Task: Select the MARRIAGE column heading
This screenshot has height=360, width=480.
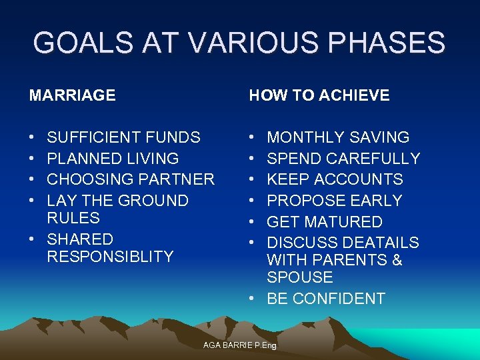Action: (x=72, y=95)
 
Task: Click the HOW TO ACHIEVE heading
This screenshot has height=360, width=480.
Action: (x=319, y=95)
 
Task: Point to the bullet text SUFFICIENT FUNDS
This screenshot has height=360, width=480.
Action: (x=123, y=137)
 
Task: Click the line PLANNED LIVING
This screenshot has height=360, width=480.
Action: (x=113, y=159)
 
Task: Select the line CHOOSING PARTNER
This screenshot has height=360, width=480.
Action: (x=131, y=179)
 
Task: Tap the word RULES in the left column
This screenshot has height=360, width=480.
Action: (x=73, y=218)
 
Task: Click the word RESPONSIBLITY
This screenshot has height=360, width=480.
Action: (x=110, y=256)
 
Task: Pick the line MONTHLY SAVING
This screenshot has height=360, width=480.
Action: (x=338, y=137)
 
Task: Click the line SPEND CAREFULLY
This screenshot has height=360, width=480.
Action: (x=343, y=159)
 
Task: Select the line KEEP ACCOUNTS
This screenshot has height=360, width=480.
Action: (x=335, y=179)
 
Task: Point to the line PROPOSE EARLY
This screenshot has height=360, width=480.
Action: (x=335, y=201)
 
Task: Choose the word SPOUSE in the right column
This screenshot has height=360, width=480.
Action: (x=299, y=277)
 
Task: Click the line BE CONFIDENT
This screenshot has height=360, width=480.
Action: (x=326, y=299)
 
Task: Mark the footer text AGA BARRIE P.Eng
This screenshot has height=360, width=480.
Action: (x=239, y=345)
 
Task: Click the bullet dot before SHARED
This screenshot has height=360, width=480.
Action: (x=34, y=239)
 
